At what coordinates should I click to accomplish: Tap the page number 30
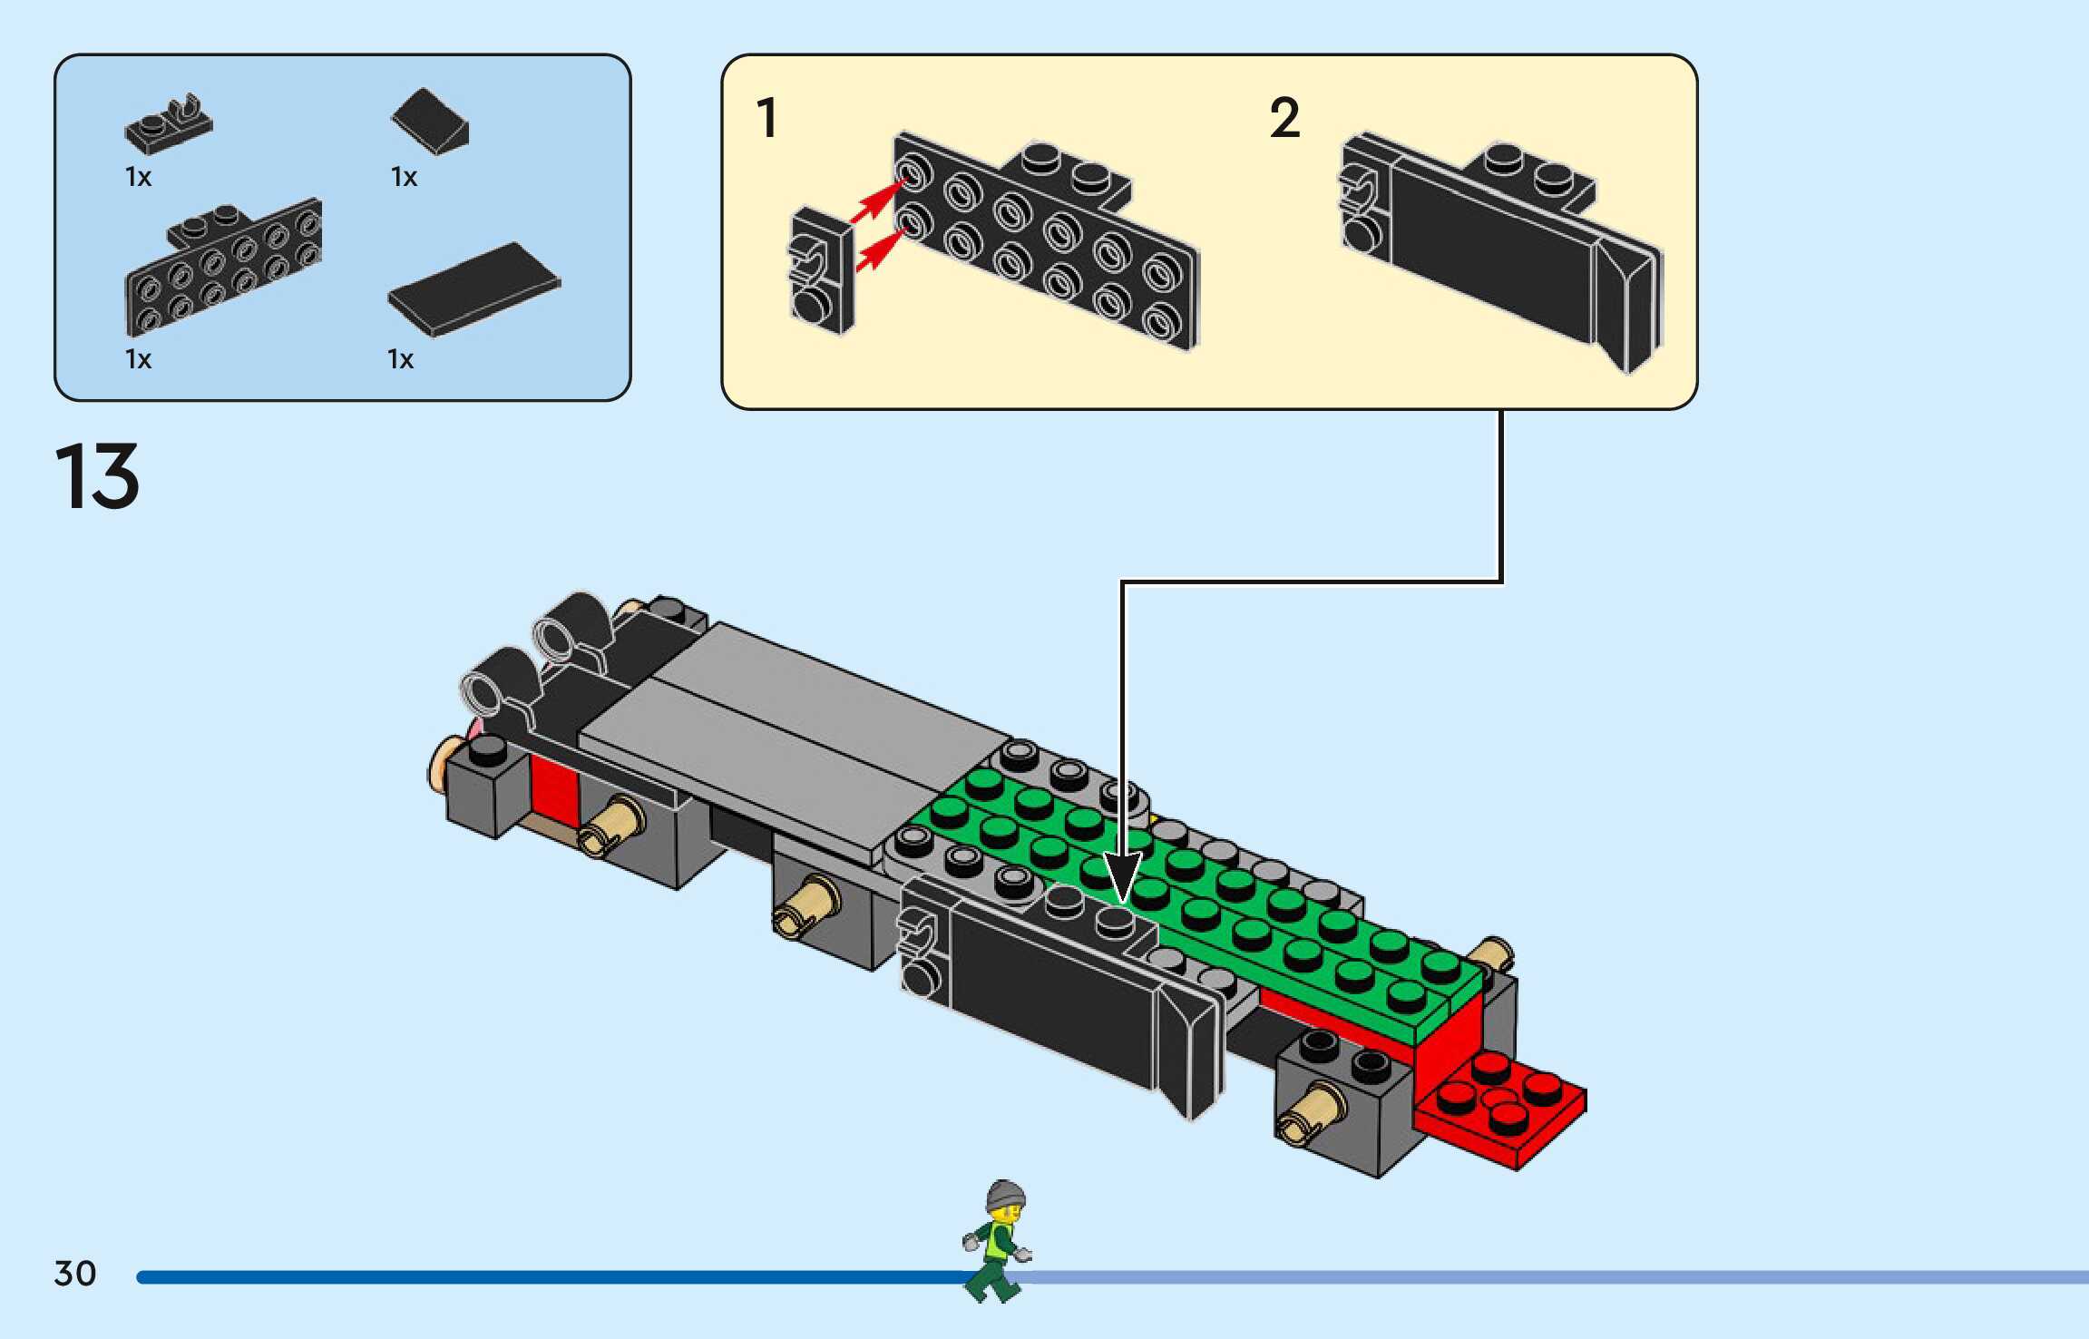pos(75,1274)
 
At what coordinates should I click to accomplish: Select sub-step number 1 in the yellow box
pos(767,118)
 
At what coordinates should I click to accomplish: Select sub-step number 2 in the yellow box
pos(1284,118)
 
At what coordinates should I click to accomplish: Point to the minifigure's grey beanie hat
pos(1006,1194)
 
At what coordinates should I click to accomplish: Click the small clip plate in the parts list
pos(170,124)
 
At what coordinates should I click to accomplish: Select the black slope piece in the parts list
pos(431,121)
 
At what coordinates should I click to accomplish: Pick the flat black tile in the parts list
pos(474,288)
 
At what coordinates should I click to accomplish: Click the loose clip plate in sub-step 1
pos(820,271)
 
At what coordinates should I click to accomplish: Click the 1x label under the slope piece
pos(404,177)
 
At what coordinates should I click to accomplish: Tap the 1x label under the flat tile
pos(400,359)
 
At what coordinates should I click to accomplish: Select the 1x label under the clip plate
pos(138,177)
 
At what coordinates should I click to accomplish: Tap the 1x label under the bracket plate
pos(138,359)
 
